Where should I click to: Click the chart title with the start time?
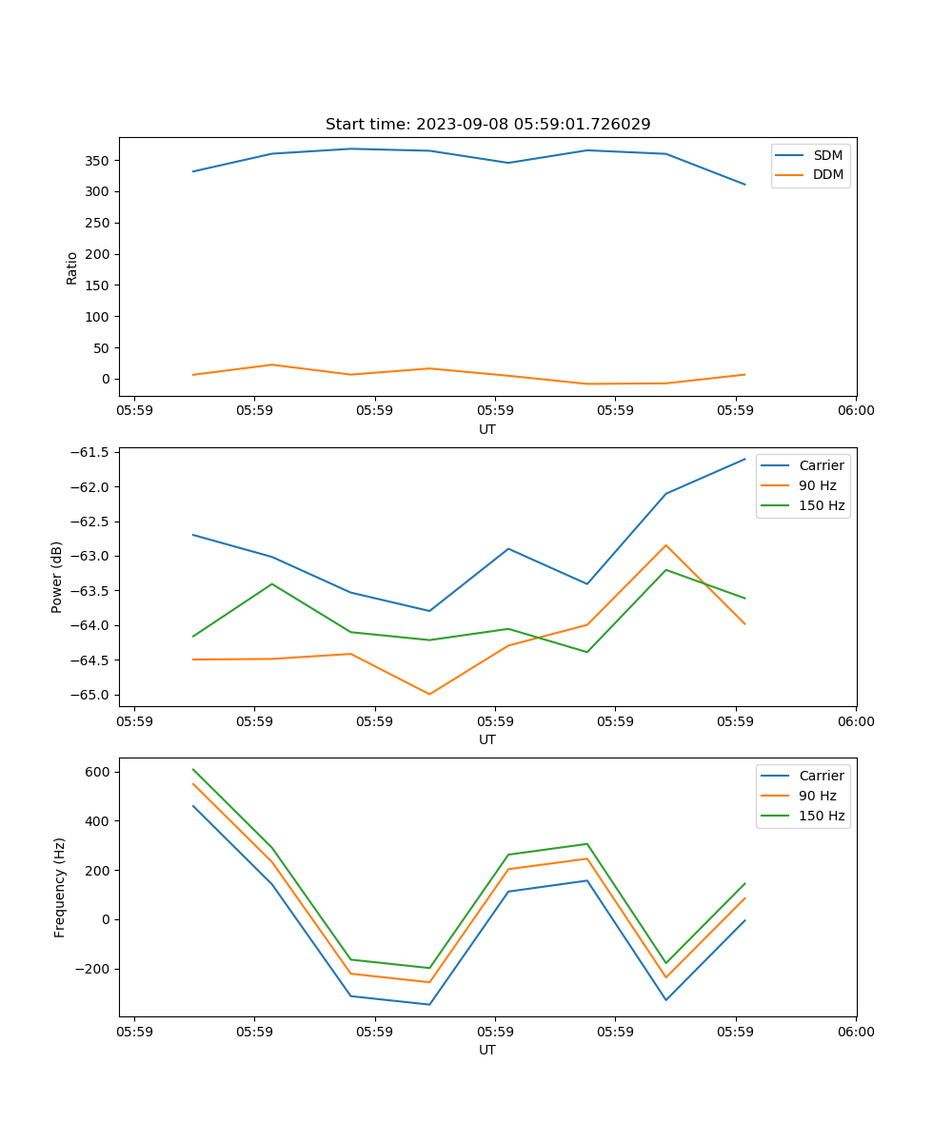pos(487,125)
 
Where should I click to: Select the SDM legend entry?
pos(827,155)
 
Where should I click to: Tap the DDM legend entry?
pos(827,174)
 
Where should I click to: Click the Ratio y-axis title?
pos(71,267)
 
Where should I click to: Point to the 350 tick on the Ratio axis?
pos(98,161)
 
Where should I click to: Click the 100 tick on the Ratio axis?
pos(98,317)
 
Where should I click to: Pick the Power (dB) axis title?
pos(57,577)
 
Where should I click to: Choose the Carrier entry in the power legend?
pos(822,465)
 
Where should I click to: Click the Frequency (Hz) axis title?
pos(60,888)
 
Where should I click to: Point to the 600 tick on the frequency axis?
pos(98,772)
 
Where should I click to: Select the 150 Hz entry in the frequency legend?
pos(822,816)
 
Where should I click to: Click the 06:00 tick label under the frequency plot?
pos(855,1031)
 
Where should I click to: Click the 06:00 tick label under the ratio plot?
pos(855,410)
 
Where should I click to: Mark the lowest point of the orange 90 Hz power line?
pos(429,694)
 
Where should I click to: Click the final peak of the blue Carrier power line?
pos(744,459)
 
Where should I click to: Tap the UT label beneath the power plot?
pos(487,739)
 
